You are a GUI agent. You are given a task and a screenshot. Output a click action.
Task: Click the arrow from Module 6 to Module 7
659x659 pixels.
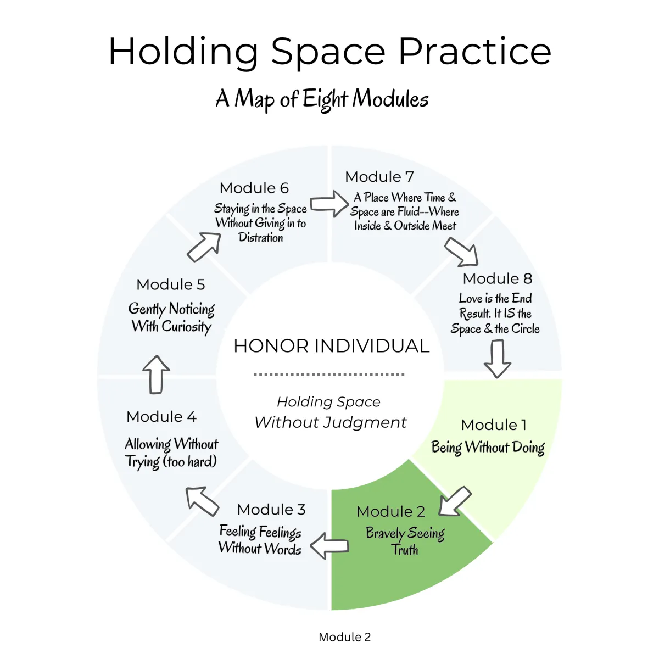(329, 204)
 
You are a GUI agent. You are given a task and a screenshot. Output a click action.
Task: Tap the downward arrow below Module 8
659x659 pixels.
(497, 359)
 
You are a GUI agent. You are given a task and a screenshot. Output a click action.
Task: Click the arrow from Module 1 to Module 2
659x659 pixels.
(455, 501)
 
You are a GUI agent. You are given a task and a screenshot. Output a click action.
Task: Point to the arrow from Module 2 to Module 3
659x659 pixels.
(329, 546)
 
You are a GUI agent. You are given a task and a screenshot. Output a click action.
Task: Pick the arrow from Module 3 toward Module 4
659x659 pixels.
(202, 501)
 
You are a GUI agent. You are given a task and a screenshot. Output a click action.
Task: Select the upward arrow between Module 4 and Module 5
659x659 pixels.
(156, 375)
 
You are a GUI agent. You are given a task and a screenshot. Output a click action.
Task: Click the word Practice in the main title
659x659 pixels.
(474, 52)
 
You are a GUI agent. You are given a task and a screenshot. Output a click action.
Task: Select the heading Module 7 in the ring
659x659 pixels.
(379, 177)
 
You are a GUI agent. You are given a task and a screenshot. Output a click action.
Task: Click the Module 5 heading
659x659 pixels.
(171, 284)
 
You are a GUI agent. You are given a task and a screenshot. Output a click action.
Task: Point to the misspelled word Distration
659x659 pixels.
(261, 237)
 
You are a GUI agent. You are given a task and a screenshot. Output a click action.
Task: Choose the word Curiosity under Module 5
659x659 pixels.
(186, 327)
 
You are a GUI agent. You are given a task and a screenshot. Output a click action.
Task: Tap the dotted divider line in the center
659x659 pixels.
(329, 375)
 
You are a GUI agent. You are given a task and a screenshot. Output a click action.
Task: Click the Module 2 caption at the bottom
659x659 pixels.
(344, 637)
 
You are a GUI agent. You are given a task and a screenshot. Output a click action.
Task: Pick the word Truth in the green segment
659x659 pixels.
(405, 550)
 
